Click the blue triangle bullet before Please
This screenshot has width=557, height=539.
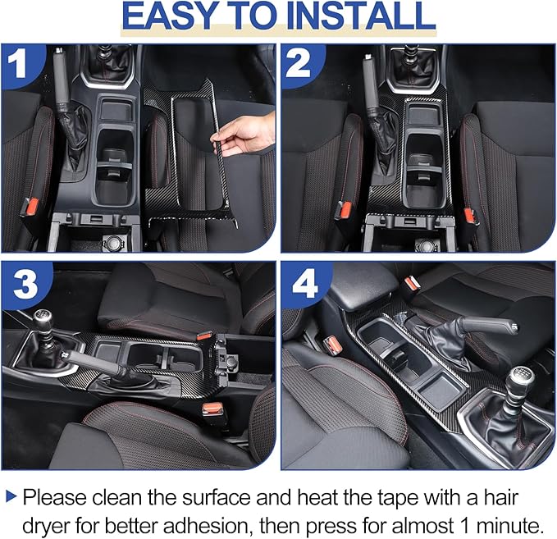pos(11,496)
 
